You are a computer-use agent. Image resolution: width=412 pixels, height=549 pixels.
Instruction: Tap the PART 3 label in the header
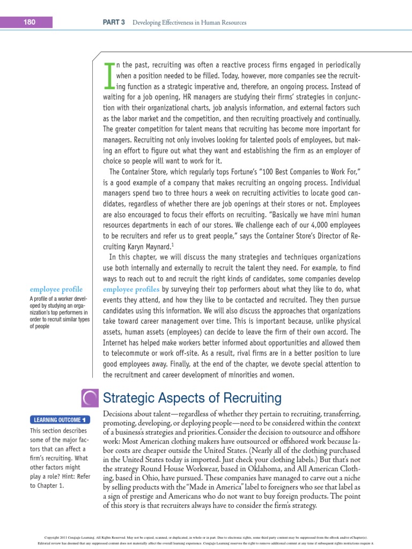click(113, 23)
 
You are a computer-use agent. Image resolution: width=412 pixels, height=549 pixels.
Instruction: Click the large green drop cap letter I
click(109, 75)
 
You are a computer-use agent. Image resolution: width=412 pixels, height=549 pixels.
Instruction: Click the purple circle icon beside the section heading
click(90, 398)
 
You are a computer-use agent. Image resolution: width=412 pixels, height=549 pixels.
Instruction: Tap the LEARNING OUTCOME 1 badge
click(60, 420)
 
